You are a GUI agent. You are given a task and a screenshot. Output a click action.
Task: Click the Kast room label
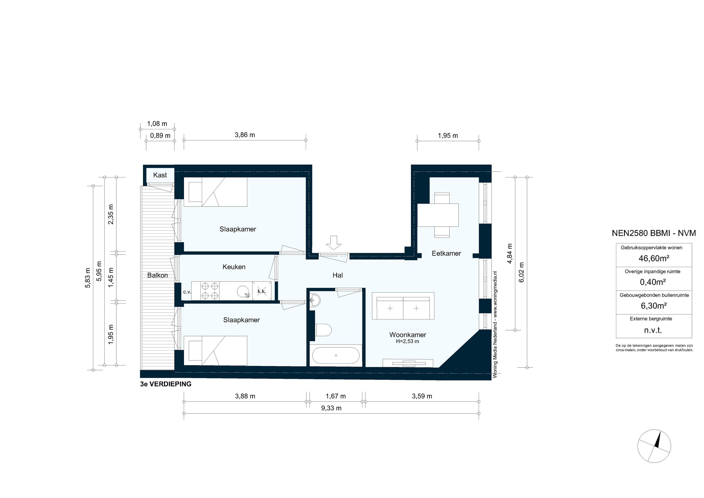pos(160,175)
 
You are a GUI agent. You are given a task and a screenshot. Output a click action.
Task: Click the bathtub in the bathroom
pos(336,355)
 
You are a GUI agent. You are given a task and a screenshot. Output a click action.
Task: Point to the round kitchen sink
pos(243,291)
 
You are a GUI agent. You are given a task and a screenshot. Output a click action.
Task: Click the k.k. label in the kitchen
pos(262,291)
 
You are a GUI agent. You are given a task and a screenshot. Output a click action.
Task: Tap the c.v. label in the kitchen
pos(187,292)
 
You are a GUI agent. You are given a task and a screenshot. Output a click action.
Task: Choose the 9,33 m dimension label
pos(331,408)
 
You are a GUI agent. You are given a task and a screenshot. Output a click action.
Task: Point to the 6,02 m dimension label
pos(522,272)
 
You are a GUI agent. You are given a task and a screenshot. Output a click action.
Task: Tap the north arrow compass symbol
pos(654,446)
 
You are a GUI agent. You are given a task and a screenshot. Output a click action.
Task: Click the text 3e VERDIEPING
pos(166,384)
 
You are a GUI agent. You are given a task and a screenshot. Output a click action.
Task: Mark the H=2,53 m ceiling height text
pos(407,341)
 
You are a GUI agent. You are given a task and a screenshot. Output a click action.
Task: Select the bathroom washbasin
pos(315,299)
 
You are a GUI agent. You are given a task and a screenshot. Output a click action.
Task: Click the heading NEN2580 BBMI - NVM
pos(653,233)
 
